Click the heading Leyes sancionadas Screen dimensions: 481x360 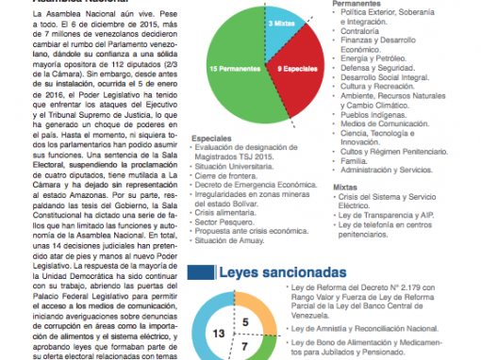coord(281,272)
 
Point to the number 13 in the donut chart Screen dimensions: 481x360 coord(218,334)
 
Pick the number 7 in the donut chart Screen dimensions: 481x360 coord(245,348)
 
